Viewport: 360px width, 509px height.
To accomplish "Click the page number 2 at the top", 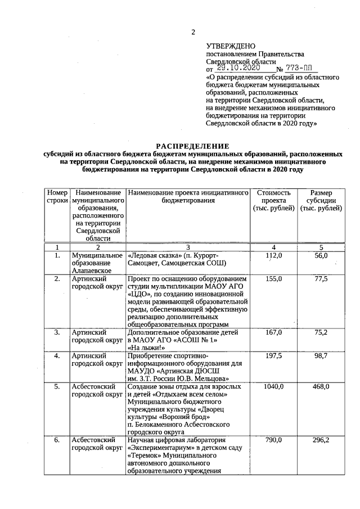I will click(193, 31).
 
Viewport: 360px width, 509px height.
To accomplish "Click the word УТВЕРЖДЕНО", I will click(231, 46).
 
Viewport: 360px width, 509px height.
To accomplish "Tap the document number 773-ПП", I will click(303, 67).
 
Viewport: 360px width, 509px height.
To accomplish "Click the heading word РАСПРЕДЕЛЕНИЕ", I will click(192, 146).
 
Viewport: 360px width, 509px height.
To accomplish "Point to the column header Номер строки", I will click(57, 196).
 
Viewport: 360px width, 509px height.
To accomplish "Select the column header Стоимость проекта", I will click(273, 200).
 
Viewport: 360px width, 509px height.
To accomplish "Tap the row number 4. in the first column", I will click(57, 356).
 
